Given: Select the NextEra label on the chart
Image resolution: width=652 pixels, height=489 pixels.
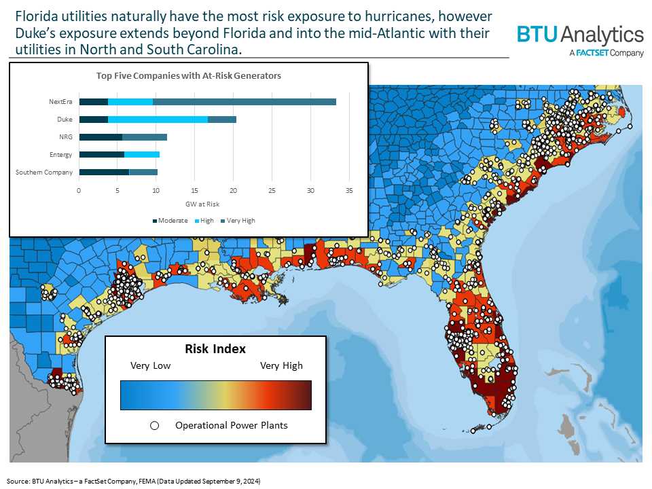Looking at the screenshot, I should (60, 102).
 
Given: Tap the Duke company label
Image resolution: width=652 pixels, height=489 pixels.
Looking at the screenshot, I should (65, 120).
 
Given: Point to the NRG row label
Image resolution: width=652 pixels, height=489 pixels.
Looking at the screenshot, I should (65, 137).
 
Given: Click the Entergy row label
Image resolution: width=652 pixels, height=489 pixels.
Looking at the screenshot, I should (61, 155).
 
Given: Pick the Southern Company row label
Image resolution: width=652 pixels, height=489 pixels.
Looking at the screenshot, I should (44, 173).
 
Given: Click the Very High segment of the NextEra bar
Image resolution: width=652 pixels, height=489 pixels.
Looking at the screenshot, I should (244, 102).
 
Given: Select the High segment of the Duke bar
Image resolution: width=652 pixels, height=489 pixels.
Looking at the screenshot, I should (158, 120).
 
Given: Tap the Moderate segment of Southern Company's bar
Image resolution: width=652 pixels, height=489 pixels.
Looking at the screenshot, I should (104, 173).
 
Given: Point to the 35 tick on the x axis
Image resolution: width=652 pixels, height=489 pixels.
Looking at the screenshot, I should (349, 190).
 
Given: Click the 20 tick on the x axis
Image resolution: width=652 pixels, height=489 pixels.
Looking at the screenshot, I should (234, 190).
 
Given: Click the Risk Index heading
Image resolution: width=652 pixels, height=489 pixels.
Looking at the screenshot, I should (215, 349).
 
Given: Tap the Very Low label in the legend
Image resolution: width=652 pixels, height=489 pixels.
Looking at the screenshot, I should (151, 365).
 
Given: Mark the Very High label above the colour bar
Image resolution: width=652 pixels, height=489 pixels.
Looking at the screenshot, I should (282, 365).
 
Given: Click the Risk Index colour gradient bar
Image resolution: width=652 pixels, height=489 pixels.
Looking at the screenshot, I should (215, 395).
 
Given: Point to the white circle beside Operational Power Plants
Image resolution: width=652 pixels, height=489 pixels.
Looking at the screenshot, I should (154, 426).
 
